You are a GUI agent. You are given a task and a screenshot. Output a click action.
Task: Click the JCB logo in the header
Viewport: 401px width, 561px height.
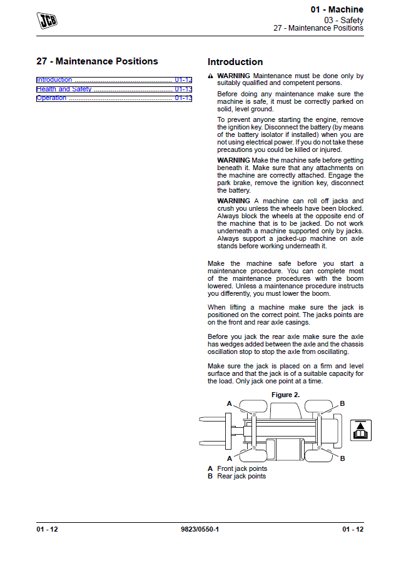tap(47, 20)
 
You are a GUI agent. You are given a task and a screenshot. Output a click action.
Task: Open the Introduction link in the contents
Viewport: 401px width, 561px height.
tap(54, 80)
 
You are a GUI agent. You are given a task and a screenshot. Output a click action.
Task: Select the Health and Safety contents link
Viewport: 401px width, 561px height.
tap(64, 89)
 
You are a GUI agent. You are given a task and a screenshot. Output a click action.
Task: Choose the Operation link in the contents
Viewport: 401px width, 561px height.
tap(51, 98)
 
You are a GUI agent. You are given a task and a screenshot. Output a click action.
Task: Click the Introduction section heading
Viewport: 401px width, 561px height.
tap(235, 62)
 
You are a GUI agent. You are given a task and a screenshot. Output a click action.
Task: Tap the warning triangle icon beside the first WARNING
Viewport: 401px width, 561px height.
tap(210, 76)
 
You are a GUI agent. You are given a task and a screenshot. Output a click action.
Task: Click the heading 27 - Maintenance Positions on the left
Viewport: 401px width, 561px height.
tap(97, 61)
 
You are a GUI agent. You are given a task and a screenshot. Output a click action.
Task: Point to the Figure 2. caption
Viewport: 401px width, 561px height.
tap(285, 395)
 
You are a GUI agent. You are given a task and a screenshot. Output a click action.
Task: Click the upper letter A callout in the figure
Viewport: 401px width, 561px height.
tap(230, 403)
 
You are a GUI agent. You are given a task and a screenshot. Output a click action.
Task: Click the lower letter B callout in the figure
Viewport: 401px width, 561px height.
tap(342, 458)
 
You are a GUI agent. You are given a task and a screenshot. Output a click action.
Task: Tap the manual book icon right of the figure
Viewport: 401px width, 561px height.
tap(362, 430)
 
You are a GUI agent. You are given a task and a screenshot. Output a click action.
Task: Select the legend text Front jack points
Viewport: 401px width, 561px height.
tap(242, 468)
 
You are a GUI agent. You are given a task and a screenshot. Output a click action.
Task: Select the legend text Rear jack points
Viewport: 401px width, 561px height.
tap(241, 476)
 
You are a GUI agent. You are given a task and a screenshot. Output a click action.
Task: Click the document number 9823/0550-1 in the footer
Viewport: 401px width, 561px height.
tap(200, 530)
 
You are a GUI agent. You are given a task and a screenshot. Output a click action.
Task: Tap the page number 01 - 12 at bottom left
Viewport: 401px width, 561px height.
tap(47, 530)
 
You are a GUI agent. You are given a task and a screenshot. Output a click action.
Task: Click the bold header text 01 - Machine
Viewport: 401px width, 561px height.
tap(337, 10)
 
